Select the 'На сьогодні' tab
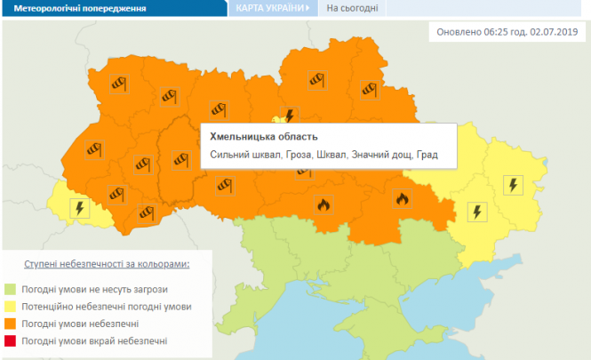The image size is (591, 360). [353, 8]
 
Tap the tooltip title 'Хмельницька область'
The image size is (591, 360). [263, 137]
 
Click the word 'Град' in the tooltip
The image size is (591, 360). [427, 156]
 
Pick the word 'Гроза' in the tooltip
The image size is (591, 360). [301, 156]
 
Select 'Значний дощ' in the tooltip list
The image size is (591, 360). [380, 156]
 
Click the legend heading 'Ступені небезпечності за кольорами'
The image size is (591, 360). [106, 265]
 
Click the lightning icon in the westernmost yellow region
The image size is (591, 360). [79, 210]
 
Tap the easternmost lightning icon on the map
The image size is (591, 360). [514, 185]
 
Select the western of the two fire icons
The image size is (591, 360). [323, 204]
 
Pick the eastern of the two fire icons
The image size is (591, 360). [402, 199]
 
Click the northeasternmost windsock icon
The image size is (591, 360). [369, 88]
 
